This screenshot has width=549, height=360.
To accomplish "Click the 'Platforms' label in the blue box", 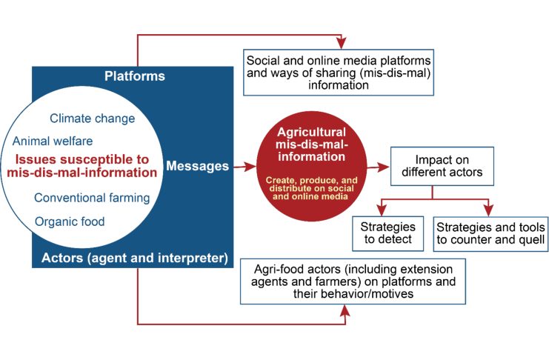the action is click(135, 76).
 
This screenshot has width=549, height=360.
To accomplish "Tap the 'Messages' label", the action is click(198, 166).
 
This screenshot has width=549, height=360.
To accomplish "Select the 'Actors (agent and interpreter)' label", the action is click(135, 258).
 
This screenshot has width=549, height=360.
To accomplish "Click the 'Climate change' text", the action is click(92, 119).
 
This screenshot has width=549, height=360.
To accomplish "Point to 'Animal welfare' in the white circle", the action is click(53, 141).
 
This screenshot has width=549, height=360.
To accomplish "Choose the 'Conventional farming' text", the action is click(92, 198).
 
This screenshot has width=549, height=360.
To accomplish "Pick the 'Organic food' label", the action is click(70, 221).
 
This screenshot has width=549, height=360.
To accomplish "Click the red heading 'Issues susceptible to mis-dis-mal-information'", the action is click(82, 166).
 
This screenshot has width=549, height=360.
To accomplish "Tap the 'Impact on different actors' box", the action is click(442, 166).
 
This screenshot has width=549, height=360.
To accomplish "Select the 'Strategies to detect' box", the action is click(388, 233).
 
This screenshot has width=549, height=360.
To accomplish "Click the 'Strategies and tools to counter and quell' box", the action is click(490, 233).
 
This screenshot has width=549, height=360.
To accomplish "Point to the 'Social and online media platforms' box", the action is click(339, 73).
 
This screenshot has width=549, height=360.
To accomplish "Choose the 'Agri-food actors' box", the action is click(353, 281).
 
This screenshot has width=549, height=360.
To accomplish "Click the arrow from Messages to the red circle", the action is click(245, 167).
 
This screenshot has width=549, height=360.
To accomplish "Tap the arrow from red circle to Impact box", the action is click(378, 167).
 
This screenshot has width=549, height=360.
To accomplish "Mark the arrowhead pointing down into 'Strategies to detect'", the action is click(382, 210).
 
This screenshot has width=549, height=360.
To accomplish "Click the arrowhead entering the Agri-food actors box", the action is click(345, 310).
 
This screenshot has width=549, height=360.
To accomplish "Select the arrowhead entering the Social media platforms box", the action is click(342, 44).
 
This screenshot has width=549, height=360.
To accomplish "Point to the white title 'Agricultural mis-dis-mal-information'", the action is click(312, 144).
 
